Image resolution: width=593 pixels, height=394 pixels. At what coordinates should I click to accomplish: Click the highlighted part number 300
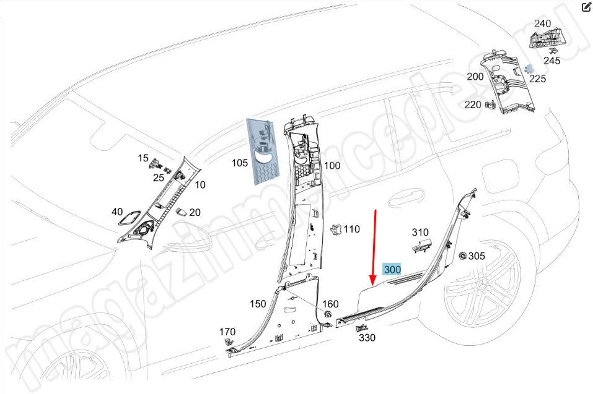click(392, 270)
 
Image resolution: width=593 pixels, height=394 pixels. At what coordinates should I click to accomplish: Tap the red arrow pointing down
click(374, 247)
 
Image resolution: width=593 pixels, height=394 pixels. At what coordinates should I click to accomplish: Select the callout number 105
click(240, 163)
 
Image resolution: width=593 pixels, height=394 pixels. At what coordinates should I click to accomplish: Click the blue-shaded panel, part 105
click(263, 152)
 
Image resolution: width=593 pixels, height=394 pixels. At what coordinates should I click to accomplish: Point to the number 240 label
click(542, 24)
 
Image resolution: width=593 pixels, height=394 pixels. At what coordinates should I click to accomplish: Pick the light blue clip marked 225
click(530, 68)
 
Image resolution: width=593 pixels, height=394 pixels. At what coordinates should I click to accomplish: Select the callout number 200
click(475, 77)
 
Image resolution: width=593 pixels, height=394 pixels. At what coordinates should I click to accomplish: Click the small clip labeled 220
click(491, 105)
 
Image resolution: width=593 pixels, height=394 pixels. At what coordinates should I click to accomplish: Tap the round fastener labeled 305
click(462, 256)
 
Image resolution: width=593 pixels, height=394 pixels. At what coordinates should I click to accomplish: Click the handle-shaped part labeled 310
click(421, 245)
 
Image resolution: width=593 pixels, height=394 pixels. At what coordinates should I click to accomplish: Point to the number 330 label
click(367, 338)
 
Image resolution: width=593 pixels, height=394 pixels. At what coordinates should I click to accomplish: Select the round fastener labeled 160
click(328, 314)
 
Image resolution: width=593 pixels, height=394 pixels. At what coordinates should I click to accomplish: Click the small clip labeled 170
click(229, 342)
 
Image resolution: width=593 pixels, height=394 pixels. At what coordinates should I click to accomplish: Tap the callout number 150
click(258, 304)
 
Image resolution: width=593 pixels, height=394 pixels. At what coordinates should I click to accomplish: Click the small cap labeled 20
click(182, 212)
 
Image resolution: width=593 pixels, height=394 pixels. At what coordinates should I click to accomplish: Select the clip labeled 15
click(155, 163)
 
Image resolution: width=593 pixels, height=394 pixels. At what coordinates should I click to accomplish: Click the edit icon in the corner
click(586, 7)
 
